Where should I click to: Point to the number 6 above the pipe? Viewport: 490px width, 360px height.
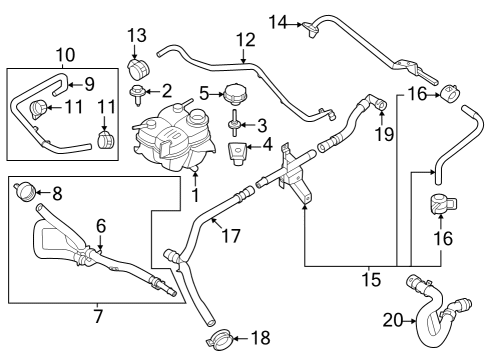click(101, 226)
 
